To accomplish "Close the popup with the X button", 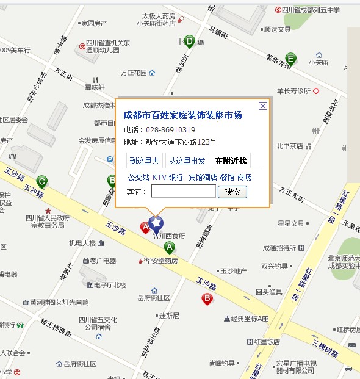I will [263, 106].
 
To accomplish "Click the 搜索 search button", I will [232, 192].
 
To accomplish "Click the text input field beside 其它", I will [183, 192].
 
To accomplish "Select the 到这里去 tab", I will [144, 161].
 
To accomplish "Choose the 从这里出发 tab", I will [187, 161].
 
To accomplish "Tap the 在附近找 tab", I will [229, 161].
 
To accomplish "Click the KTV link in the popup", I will [159, 178].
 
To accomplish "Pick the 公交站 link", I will [138, 178].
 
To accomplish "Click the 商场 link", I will [244, 178].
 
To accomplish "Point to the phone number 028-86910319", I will [170, 130].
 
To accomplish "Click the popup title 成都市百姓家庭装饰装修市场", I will [182, 115].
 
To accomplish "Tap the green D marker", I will [190, 42].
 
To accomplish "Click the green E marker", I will [291, 59].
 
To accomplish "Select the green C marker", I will [41, 181].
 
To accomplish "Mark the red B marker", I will [207, 298].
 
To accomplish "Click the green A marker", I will [170, 247].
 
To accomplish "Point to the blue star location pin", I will [156, 223].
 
